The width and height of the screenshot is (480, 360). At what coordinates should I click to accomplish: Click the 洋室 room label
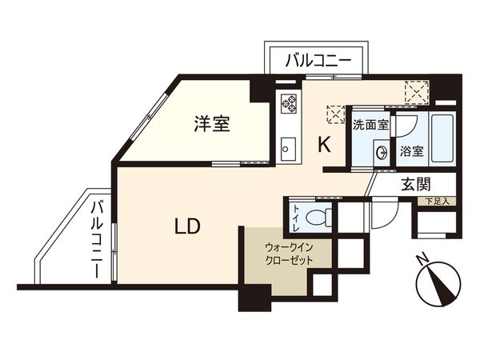point(212,124)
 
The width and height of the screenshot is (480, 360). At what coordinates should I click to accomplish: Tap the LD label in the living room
point(188,226)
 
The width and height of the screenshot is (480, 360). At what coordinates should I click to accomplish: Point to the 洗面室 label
point(370,126)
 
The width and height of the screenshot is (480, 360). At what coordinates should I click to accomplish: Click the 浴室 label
point(412,150)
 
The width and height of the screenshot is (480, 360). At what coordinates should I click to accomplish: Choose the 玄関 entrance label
point(415,185)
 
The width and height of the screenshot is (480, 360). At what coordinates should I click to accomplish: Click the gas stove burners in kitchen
point(288,103)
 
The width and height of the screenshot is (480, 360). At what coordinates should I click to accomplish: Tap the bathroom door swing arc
point(406,124)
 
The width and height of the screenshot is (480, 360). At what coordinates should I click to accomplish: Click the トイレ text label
point(297,216)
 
